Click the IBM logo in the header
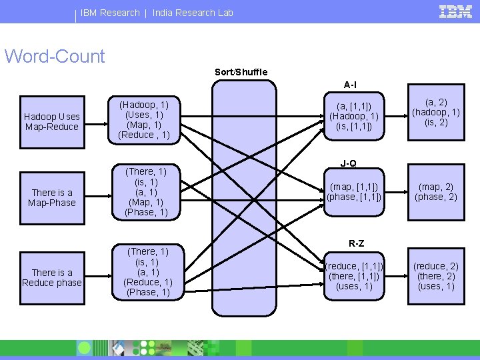coord(455,12)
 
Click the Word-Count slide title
coord(55,56)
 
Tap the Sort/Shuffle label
coord(241,72)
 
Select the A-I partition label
coord(350,85)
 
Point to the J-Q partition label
coord(349,163)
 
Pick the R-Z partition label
coord(356,243)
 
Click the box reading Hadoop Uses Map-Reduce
coord(52,122)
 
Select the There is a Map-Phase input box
coord(52,198)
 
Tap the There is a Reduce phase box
coord(52,278)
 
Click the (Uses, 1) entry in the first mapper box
coord(144,115)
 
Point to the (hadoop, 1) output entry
coord(436,113)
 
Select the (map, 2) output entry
coord(436,187)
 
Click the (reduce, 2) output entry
coord(436,266)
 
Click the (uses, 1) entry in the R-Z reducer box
coord(354,287)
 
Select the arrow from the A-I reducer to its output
coord(396,116)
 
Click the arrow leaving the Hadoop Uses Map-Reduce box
coord(97,124)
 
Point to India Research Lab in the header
coord(193,13)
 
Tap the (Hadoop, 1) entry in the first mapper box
coord(144,105)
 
